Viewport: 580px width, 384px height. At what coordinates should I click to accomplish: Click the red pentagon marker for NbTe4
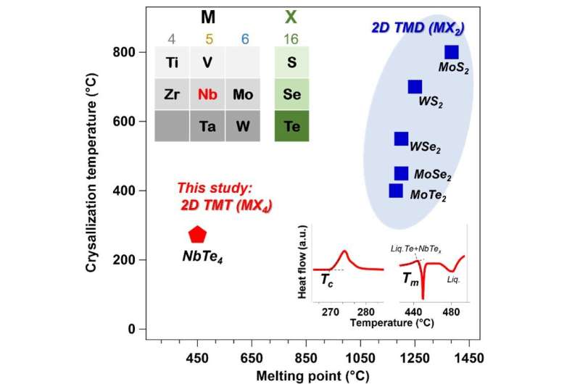click(197, 234)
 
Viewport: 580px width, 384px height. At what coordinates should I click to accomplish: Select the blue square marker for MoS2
click(451, 52)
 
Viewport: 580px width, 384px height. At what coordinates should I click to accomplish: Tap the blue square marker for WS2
click(415, 87)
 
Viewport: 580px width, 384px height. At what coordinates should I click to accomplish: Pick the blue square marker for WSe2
click(401, 138)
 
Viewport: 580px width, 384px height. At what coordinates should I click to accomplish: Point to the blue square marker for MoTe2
click(396, 191)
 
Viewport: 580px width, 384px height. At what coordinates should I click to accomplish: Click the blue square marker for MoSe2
click(401, 173)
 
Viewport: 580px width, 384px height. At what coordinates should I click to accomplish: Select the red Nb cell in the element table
click(207, 94)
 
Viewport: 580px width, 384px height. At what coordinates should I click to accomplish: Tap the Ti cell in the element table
click(173, 62)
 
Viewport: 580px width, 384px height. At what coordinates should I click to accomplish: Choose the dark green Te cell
click(291, 126)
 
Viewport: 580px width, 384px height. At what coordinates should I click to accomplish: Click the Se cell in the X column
click(291, 94)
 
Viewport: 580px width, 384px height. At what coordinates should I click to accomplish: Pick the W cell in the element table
click(243, 126)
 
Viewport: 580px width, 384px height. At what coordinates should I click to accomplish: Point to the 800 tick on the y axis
click(137, 52)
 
